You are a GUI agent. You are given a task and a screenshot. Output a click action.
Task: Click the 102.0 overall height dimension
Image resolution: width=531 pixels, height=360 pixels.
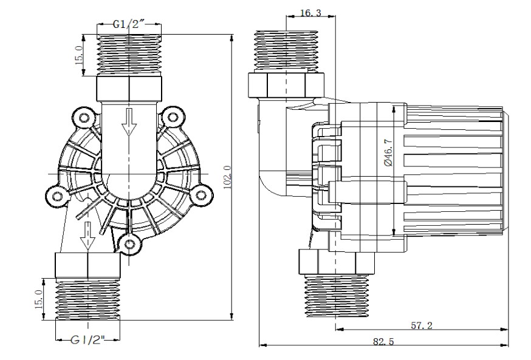227,177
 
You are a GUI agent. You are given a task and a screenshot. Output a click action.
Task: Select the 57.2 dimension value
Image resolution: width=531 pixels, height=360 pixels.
420,325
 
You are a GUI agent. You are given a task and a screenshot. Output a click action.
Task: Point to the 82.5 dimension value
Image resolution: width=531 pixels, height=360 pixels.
383,342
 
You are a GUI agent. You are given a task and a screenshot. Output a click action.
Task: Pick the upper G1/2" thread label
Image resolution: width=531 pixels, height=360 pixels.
129,24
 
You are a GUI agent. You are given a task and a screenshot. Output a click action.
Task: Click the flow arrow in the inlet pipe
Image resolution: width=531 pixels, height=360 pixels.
129,122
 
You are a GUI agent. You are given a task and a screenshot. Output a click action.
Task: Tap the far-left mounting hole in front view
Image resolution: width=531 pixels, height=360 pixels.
57,195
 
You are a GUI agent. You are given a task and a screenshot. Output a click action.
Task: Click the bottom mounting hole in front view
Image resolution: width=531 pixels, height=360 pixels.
129,243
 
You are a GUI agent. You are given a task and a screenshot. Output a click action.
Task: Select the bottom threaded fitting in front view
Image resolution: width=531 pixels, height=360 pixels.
88,298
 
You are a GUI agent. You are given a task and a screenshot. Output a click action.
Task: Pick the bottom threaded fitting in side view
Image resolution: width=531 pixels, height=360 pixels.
336,296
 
